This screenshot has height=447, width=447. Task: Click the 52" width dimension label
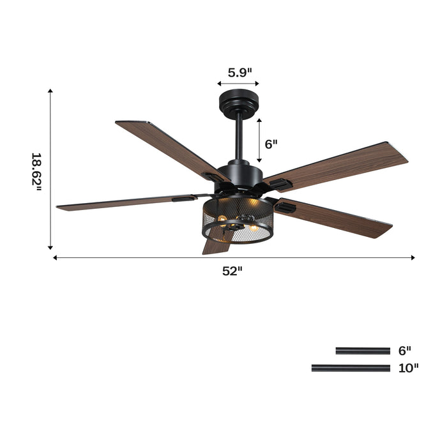tap(232, 271)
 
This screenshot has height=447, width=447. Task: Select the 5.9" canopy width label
tap(238, 72)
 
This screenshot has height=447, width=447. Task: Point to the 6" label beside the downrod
tap(271, 144)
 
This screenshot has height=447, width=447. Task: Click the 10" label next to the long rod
tap(408, 367)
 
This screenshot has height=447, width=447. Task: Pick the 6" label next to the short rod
tap(405, 351)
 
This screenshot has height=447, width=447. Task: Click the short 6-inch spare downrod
tap(363, 351)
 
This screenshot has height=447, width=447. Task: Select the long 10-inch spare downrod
tap(351, 367)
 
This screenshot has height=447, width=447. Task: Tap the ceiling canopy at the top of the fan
tap(238, 102)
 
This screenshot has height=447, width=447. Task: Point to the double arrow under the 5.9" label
tap(238, 84)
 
